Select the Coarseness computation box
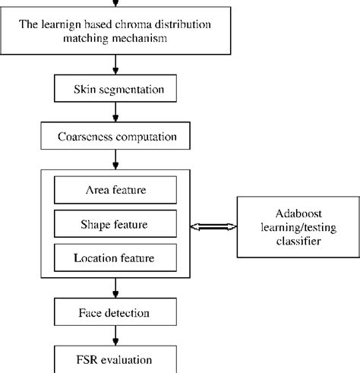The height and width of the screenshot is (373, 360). tap(115, 138)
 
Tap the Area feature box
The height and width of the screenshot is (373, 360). tap(115, 188)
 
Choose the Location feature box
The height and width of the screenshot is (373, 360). tap(115, 258)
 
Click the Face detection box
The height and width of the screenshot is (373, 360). tap(115, 311)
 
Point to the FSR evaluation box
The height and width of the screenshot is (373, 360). tap(115, 358)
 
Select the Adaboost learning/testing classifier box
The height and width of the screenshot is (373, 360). tap(295, 226)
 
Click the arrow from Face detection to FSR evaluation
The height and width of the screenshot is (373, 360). tap(115, 334)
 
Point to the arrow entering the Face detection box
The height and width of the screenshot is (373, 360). tap(115, 288)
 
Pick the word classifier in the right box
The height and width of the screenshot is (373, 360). tap(295, 241)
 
